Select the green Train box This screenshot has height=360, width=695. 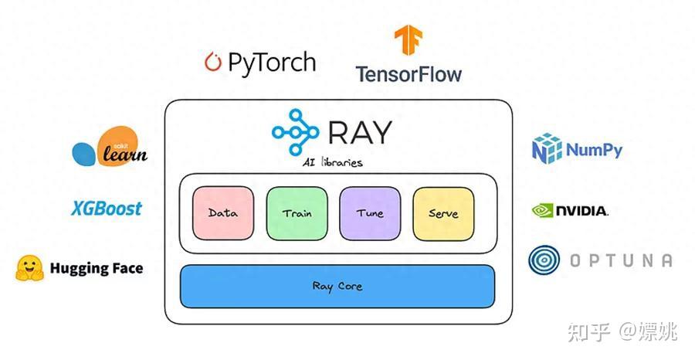point(297,213)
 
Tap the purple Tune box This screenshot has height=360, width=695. point(370,213)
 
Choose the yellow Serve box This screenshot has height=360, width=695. point(443,213)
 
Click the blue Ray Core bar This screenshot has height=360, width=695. point(337,286)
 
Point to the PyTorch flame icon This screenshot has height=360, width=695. point(212,62)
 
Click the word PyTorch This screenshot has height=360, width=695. point(272,62)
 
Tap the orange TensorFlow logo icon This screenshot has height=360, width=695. point(408,43)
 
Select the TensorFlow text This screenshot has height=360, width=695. point(408,74)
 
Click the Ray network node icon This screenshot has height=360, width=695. point(294,131)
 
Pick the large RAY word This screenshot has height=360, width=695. point(359,132)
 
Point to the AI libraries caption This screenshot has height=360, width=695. point(333,163)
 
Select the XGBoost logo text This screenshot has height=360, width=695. point(107,209)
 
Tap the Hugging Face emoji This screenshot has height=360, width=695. point(29,268)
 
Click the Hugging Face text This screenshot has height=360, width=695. point(97,269)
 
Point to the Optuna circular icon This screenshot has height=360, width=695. point(544,260)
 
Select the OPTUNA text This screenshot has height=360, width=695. point(620,261)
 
